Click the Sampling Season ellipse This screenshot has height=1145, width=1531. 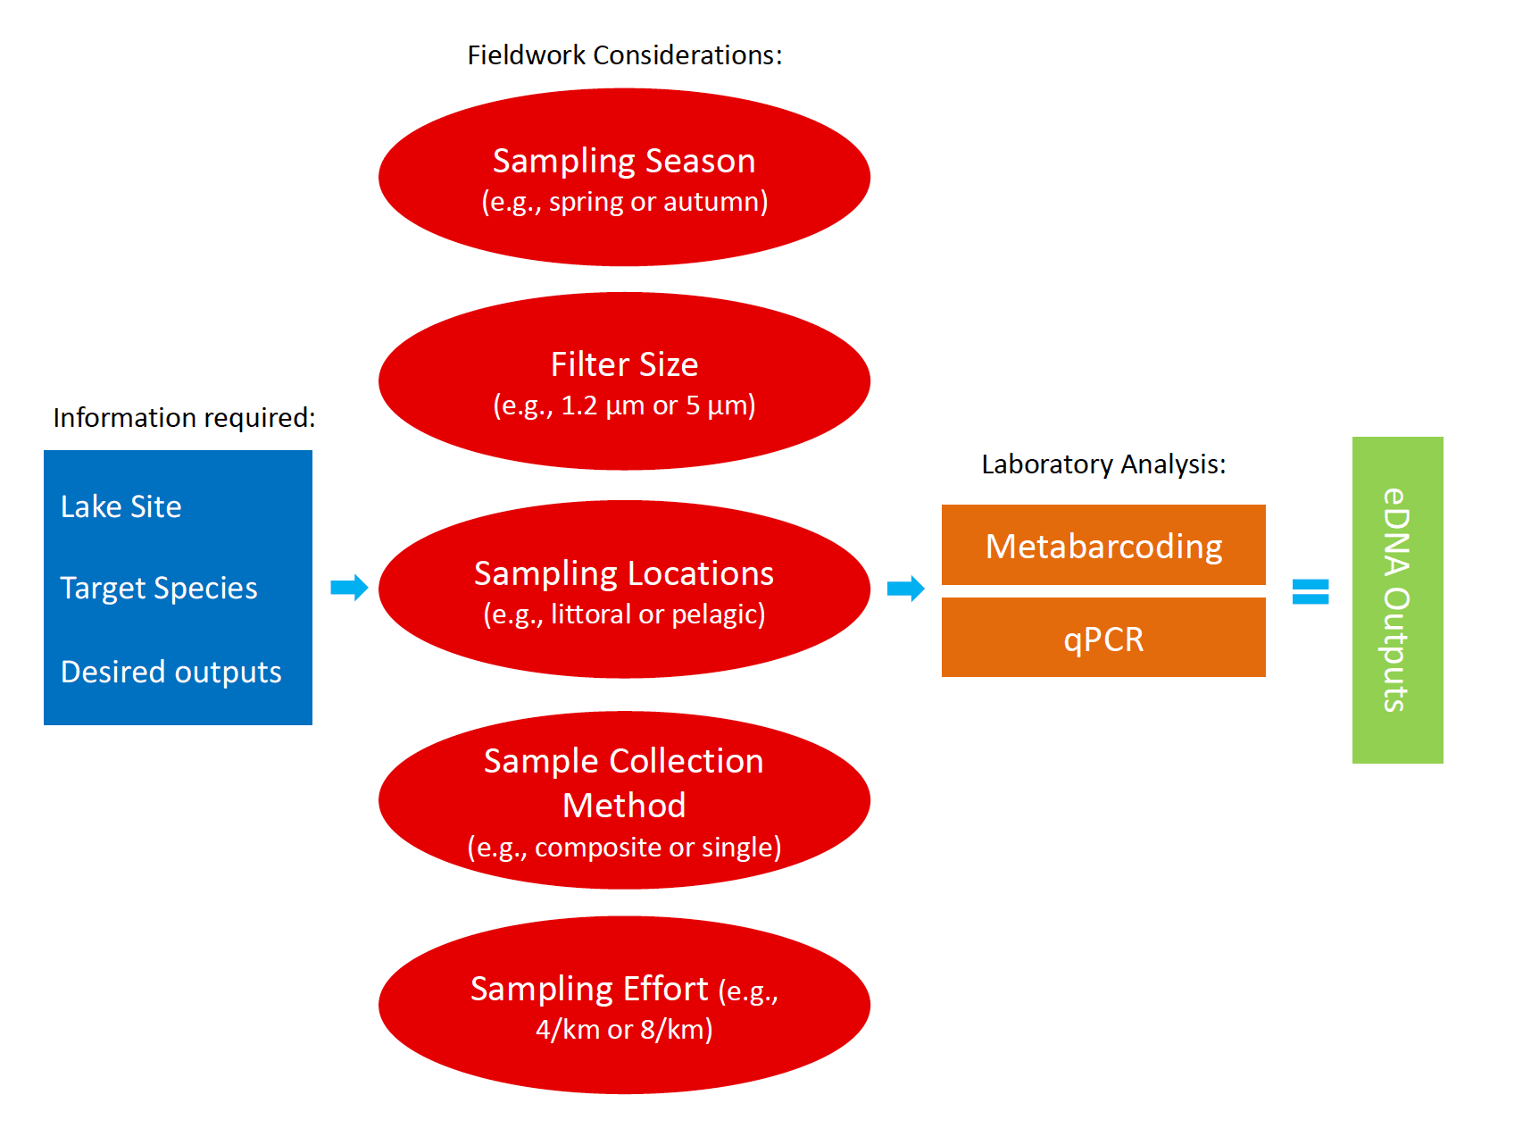click(624, 177)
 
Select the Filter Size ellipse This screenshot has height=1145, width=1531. click(624, 381)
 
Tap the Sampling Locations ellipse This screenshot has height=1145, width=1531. click(624, 589)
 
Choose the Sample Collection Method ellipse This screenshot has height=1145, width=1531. click(624, 800)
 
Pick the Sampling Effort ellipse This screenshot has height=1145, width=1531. click(624, 1005)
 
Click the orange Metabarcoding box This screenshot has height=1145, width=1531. click(1103, 545)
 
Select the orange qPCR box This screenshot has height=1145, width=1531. click(1103, 638)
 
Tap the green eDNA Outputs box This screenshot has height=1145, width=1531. click(1397, 600)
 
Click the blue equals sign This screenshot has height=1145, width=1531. click(1311, 591)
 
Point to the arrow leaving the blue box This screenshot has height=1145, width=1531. click(349, 588)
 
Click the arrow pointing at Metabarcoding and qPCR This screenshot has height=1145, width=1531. click(906, 589)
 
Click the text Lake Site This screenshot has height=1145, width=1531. click(121, 507)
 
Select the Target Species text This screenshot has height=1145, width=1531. click(159, 589)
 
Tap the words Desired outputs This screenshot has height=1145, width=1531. click(171, 672)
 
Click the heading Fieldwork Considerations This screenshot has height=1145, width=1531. click(625, 55)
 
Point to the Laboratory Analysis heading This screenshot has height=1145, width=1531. click(1103, 464)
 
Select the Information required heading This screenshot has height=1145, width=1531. click(184, 418)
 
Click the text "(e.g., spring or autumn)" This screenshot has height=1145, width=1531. click(625, 202)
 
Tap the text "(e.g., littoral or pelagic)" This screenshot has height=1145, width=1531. click(624, 614)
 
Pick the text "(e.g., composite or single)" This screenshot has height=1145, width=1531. click(624, 847)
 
